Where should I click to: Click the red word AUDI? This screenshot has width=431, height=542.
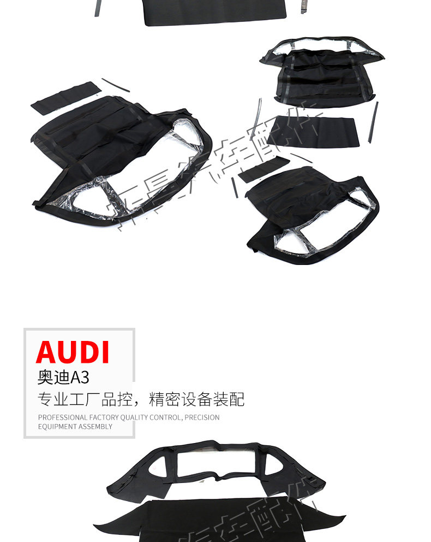pyautogui.click(x=73, y=352)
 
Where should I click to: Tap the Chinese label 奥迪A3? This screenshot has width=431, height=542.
pyautogui.click(x=63, y=378)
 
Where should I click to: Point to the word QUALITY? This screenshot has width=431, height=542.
pyautogui.click(x=134, y=417)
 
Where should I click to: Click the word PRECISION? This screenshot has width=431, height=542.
pyautogui.click(x=202, y=417)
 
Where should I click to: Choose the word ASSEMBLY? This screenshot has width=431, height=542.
pyautogui.click(x=94, y=427)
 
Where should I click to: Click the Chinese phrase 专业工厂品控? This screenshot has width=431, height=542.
pyautogui.click(x=85, y=399)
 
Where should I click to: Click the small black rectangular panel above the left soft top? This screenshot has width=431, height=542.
pyautogui.click(x=65, y=98)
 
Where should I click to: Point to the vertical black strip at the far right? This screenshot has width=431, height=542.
pyautogui.click(x=373, y=122)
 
